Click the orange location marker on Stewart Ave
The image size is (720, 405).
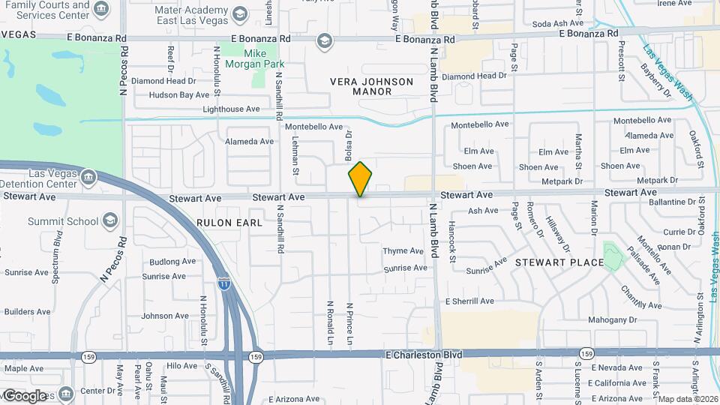point(360,178)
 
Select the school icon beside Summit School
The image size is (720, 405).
point(110,220)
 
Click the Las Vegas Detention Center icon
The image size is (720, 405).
point(89,178)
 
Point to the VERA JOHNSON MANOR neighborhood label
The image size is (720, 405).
point(372,86)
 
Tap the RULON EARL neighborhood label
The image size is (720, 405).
point(229,223)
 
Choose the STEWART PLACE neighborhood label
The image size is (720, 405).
point(559,262)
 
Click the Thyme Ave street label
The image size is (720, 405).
point(403,251)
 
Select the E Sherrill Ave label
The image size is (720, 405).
point(469,301)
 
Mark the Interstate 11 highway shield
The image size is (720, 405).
point(224,283)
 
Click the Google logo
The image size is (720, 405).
point(25,395)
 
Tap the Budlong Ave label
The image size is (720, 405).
point(172,262)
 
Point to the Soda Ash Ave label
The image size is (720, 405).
point(558,24)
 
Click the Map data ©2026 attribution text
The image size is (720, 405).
point(688,399)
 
